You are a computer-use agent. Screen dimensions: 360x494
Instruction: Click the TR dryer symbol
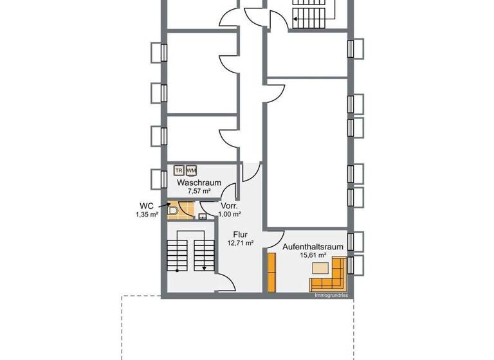point(179,170)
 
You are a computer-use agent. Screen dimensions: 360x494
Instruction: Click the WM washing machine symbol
point(190,170)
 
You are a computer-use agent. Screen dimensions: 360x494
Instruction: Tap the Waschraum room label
point(199,183)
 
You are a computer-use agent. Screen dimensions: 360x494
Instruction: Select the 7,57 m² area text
point(199,191)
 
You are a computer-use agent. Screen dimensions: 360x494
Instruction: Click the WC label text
point(147,206)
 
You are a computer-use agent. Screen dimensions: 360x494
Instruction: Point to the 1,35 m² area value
point(147,215)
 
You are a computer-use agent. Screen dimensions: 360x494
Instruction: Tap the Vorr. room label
point(230,206)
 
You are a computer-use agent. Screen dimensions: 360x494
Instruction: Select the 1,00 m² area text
point(230,214)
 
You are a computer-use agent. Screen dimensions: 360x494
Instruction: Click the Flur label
point(240,235)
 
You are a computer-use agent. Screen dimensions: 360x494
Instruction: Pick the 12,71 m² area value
point(240,243)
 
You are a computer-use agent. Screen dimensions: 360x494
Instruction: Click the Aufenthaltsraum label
point(313,246)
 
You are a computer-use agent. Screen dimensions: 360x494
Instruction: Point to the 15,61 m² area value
point(313,255)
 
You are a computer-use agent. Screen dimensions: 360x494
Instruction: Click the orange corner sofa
point(329,276)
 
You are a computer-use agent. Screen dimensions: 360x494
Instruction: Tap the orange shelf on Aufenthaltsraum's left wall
point(271,271)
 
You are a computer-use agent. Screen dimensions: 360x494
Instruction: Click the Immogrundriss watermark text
point(331,296)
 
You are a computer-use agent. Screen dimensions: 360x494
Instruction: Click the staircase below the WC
point(190,255)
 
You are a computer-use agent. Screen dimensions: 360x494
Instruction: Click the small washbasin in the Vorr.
point(202,217)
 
